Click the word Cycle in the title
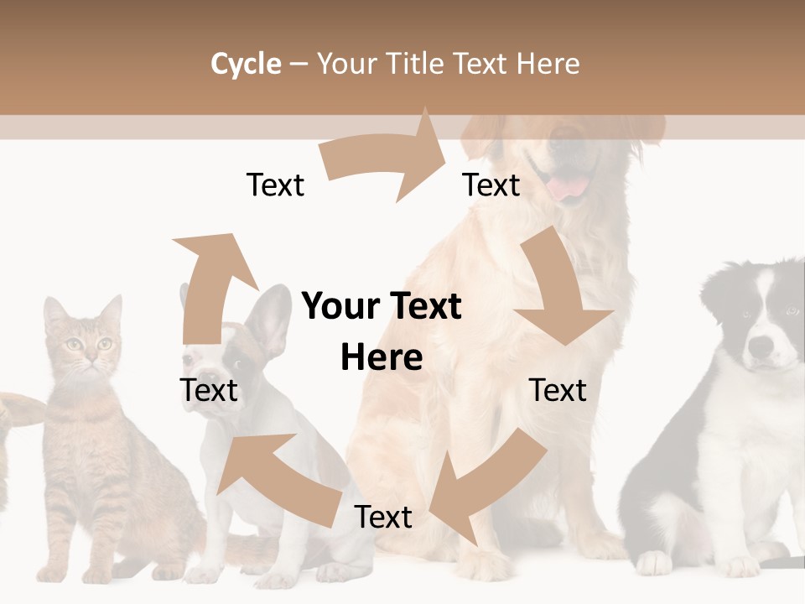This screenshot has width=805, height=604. tap(246, 64)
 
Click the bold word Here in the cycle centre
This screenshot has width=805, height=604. tap(382, 357)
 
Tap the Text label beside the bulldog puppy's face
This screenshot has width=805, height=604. tap(209, 390)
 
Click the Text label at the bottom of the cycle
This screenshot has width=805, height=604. tap(383, 518)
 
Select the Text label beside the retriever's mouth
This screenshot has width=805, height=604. tap(491, 185)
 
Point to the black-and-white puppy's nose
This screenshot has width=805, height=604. tap(761, 345)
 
